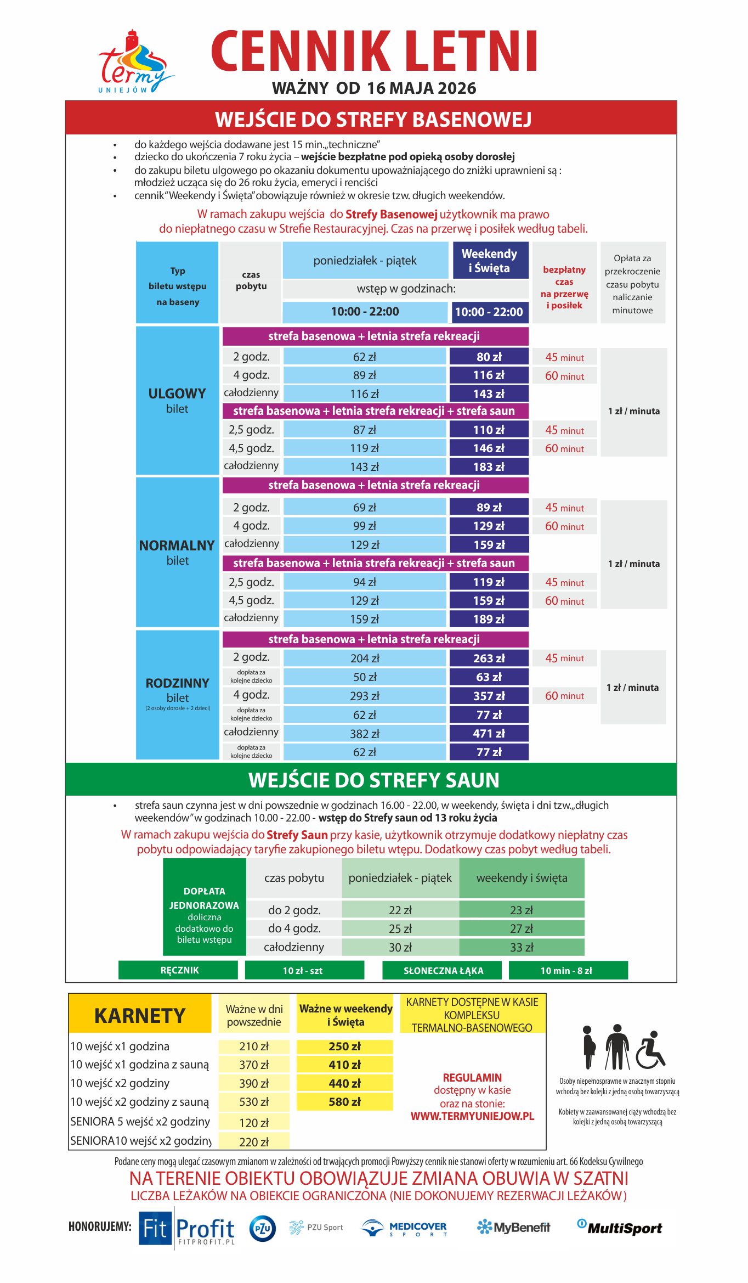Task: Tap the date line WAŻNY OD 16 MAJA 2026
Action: coord(374,88)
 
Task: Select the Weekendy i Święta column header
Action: coord(490,261)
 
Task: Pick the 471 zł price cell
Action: coord(489,734)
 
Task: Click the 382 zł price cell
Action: coord(365,734)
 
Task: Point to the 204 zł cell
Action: coord(365,659)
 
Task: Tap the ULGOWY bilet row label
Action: coord(177,400)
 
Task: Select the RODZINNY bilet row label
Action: coord(177,690)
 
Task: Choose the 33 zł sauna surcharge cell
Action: coord(521,947)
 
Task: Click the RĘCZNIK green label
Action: coord(179,970)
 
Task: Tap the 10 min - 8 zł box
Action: coord(567,970)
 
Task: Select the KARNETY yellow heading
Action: coord(140,1015)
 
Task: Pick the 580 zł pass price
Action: coord(345,1101)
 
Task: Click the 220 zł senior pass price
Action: coord(254,1142)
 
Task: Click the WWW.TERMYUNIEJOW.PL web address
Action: coord(472,1116)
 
